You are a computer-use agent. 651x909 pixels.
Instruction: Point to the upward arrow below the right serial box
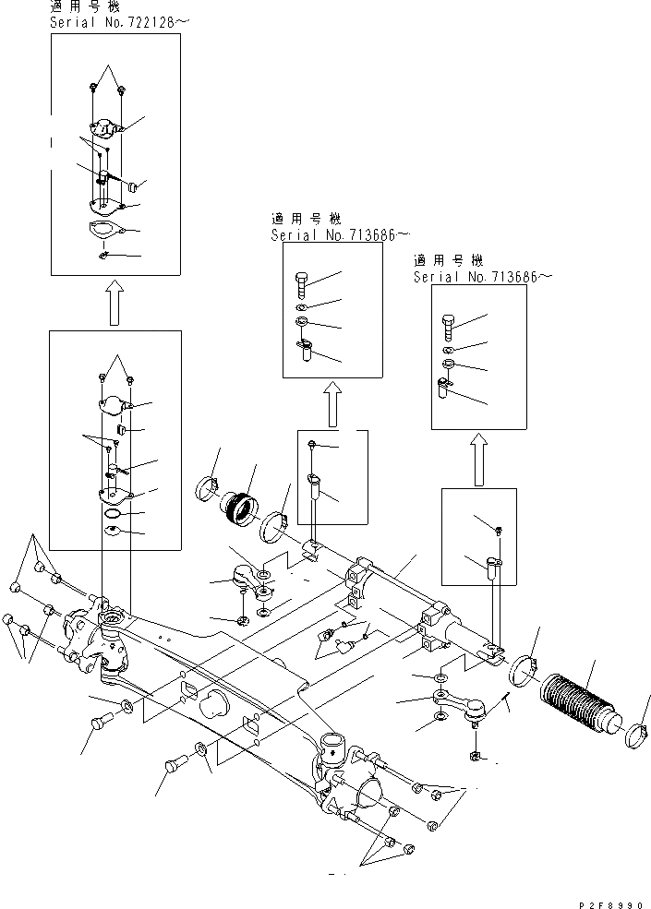pyautogui.click(x=478, y=459)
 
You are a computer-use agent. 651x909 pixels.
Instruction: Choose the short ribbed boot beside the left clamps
pyautogui.click(x=243, y=506)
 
